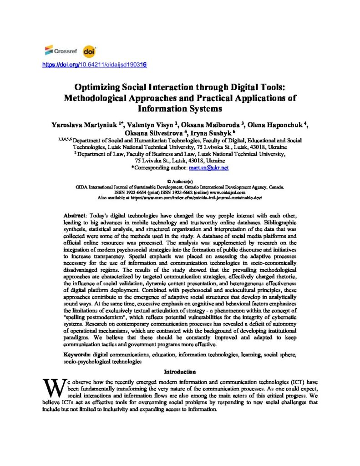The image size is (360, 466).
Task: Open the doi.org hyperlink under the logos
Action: [x=94, y=65]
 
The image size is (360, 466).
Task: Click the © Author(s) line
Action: [x=180, y=182]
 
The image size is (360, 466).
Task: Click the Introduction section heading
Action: [x=180, y=372]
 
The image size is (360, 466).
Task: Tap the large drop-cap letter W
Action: [x=51, y=388]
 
